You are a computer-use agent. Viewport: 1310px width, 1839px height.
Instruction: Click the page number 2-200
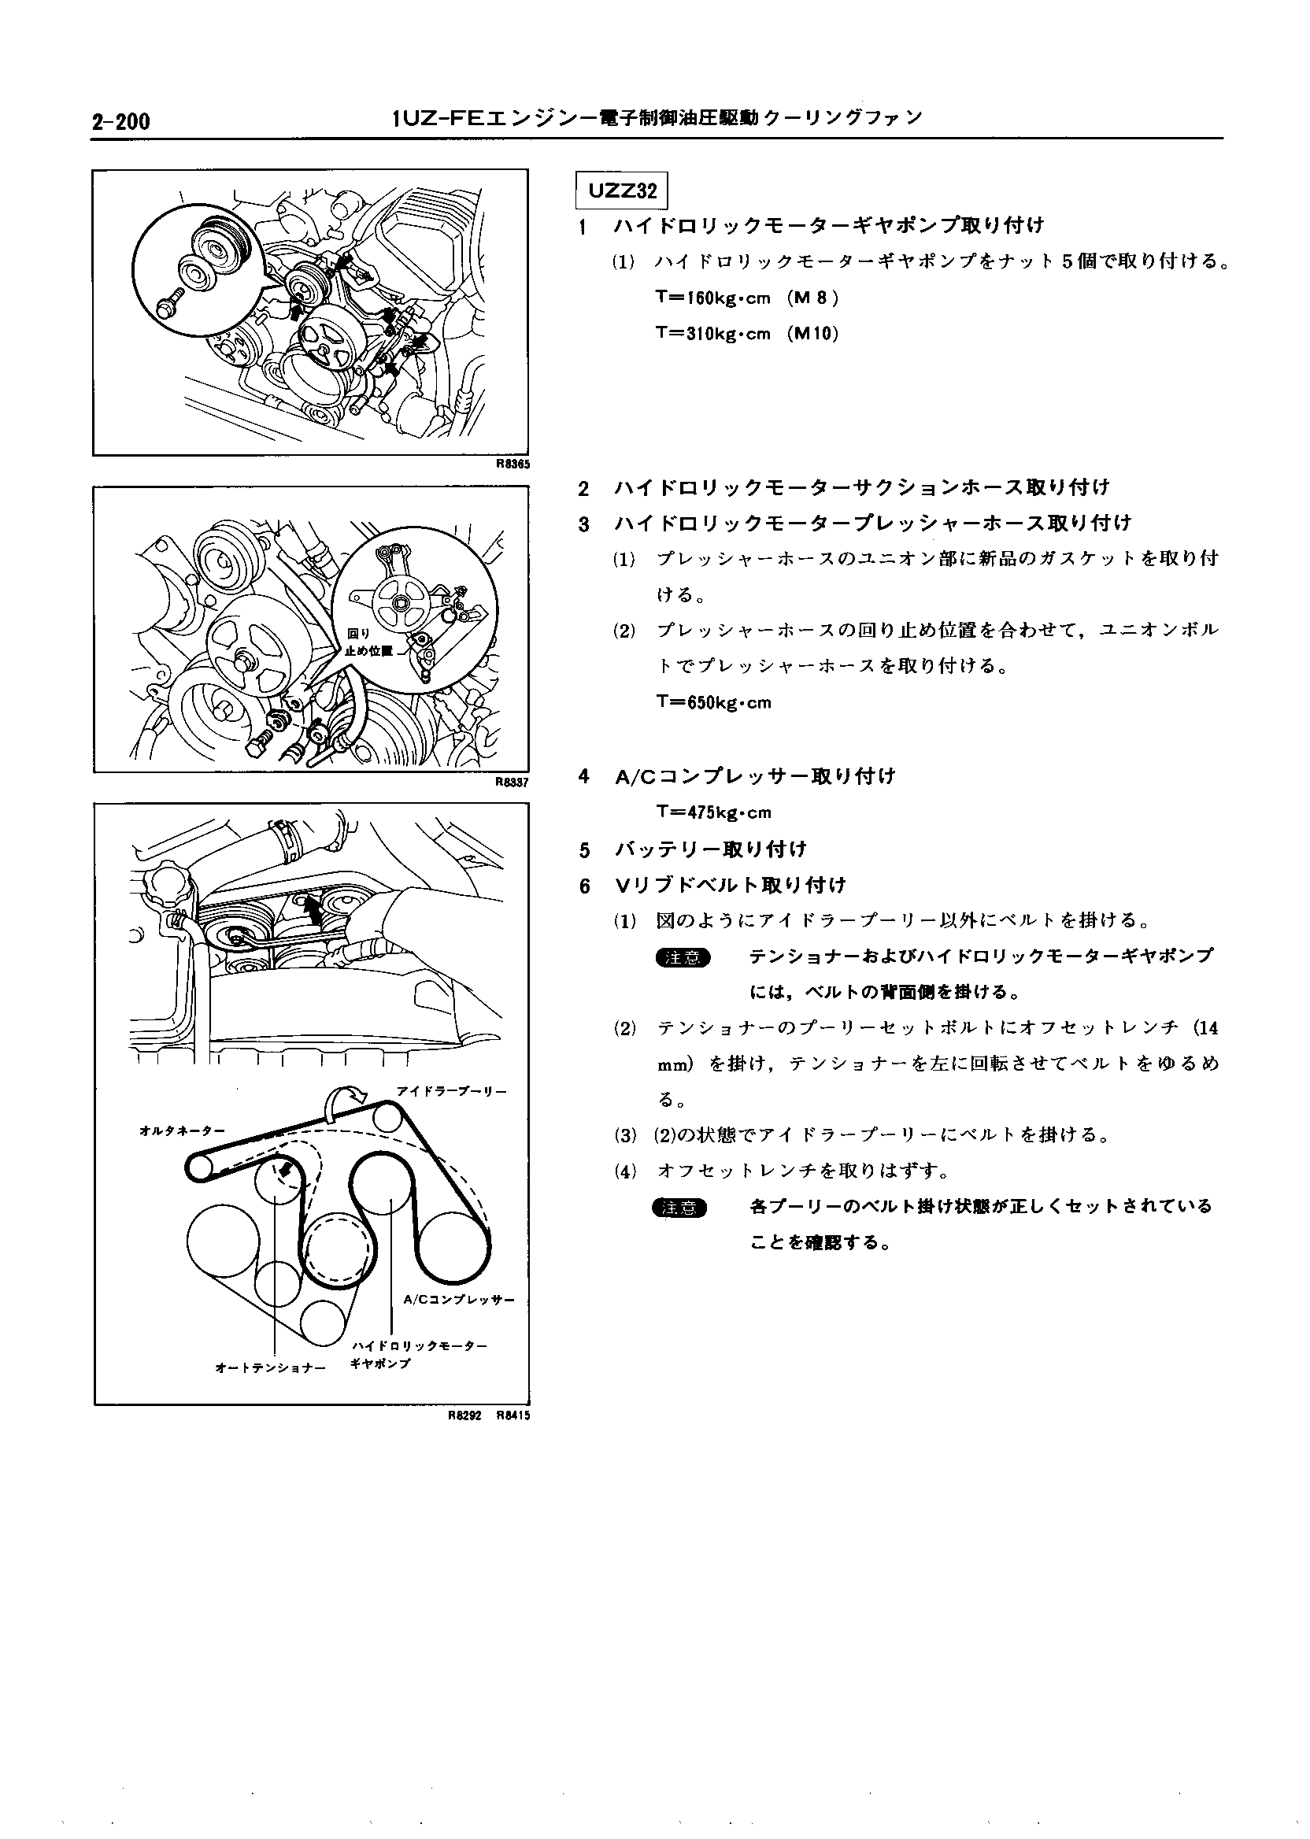pos(120,122)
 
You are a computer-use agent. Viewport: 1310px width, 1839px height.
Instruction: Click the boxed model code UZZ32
pos(622,191)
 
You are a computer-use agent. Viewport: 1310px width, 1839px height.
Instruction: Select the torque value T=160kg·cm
pos(714,298)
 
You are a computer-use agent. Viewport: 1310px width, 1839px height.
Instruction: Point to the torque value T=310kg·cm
pos(714,333)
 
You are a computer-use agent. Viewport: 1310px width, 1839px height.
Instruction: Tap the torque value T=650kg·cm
pos(714,701)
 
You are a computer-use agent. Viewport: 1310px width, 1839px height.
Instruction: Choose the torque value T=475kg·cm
pos(714,812)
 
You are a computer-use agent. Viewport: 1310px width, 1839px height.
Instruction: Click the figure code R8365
pos(513,464)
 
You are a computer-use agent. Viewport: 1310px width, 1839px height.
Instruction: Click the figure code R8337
pos(513,782)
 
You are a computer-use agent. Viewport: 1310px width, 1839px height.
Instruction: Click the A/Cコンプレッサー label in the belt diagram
pos(458,1300)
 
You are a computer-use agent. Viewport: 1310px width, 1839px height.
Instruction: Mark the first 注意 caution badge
pos(683,957)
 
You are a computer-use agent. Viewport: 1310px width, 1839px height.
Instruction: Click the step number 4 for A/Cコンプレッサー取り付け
pos(584,777)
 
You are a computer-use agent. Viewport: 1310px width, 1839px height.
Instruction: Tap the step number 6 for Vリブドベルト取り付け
pos(584,886)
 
